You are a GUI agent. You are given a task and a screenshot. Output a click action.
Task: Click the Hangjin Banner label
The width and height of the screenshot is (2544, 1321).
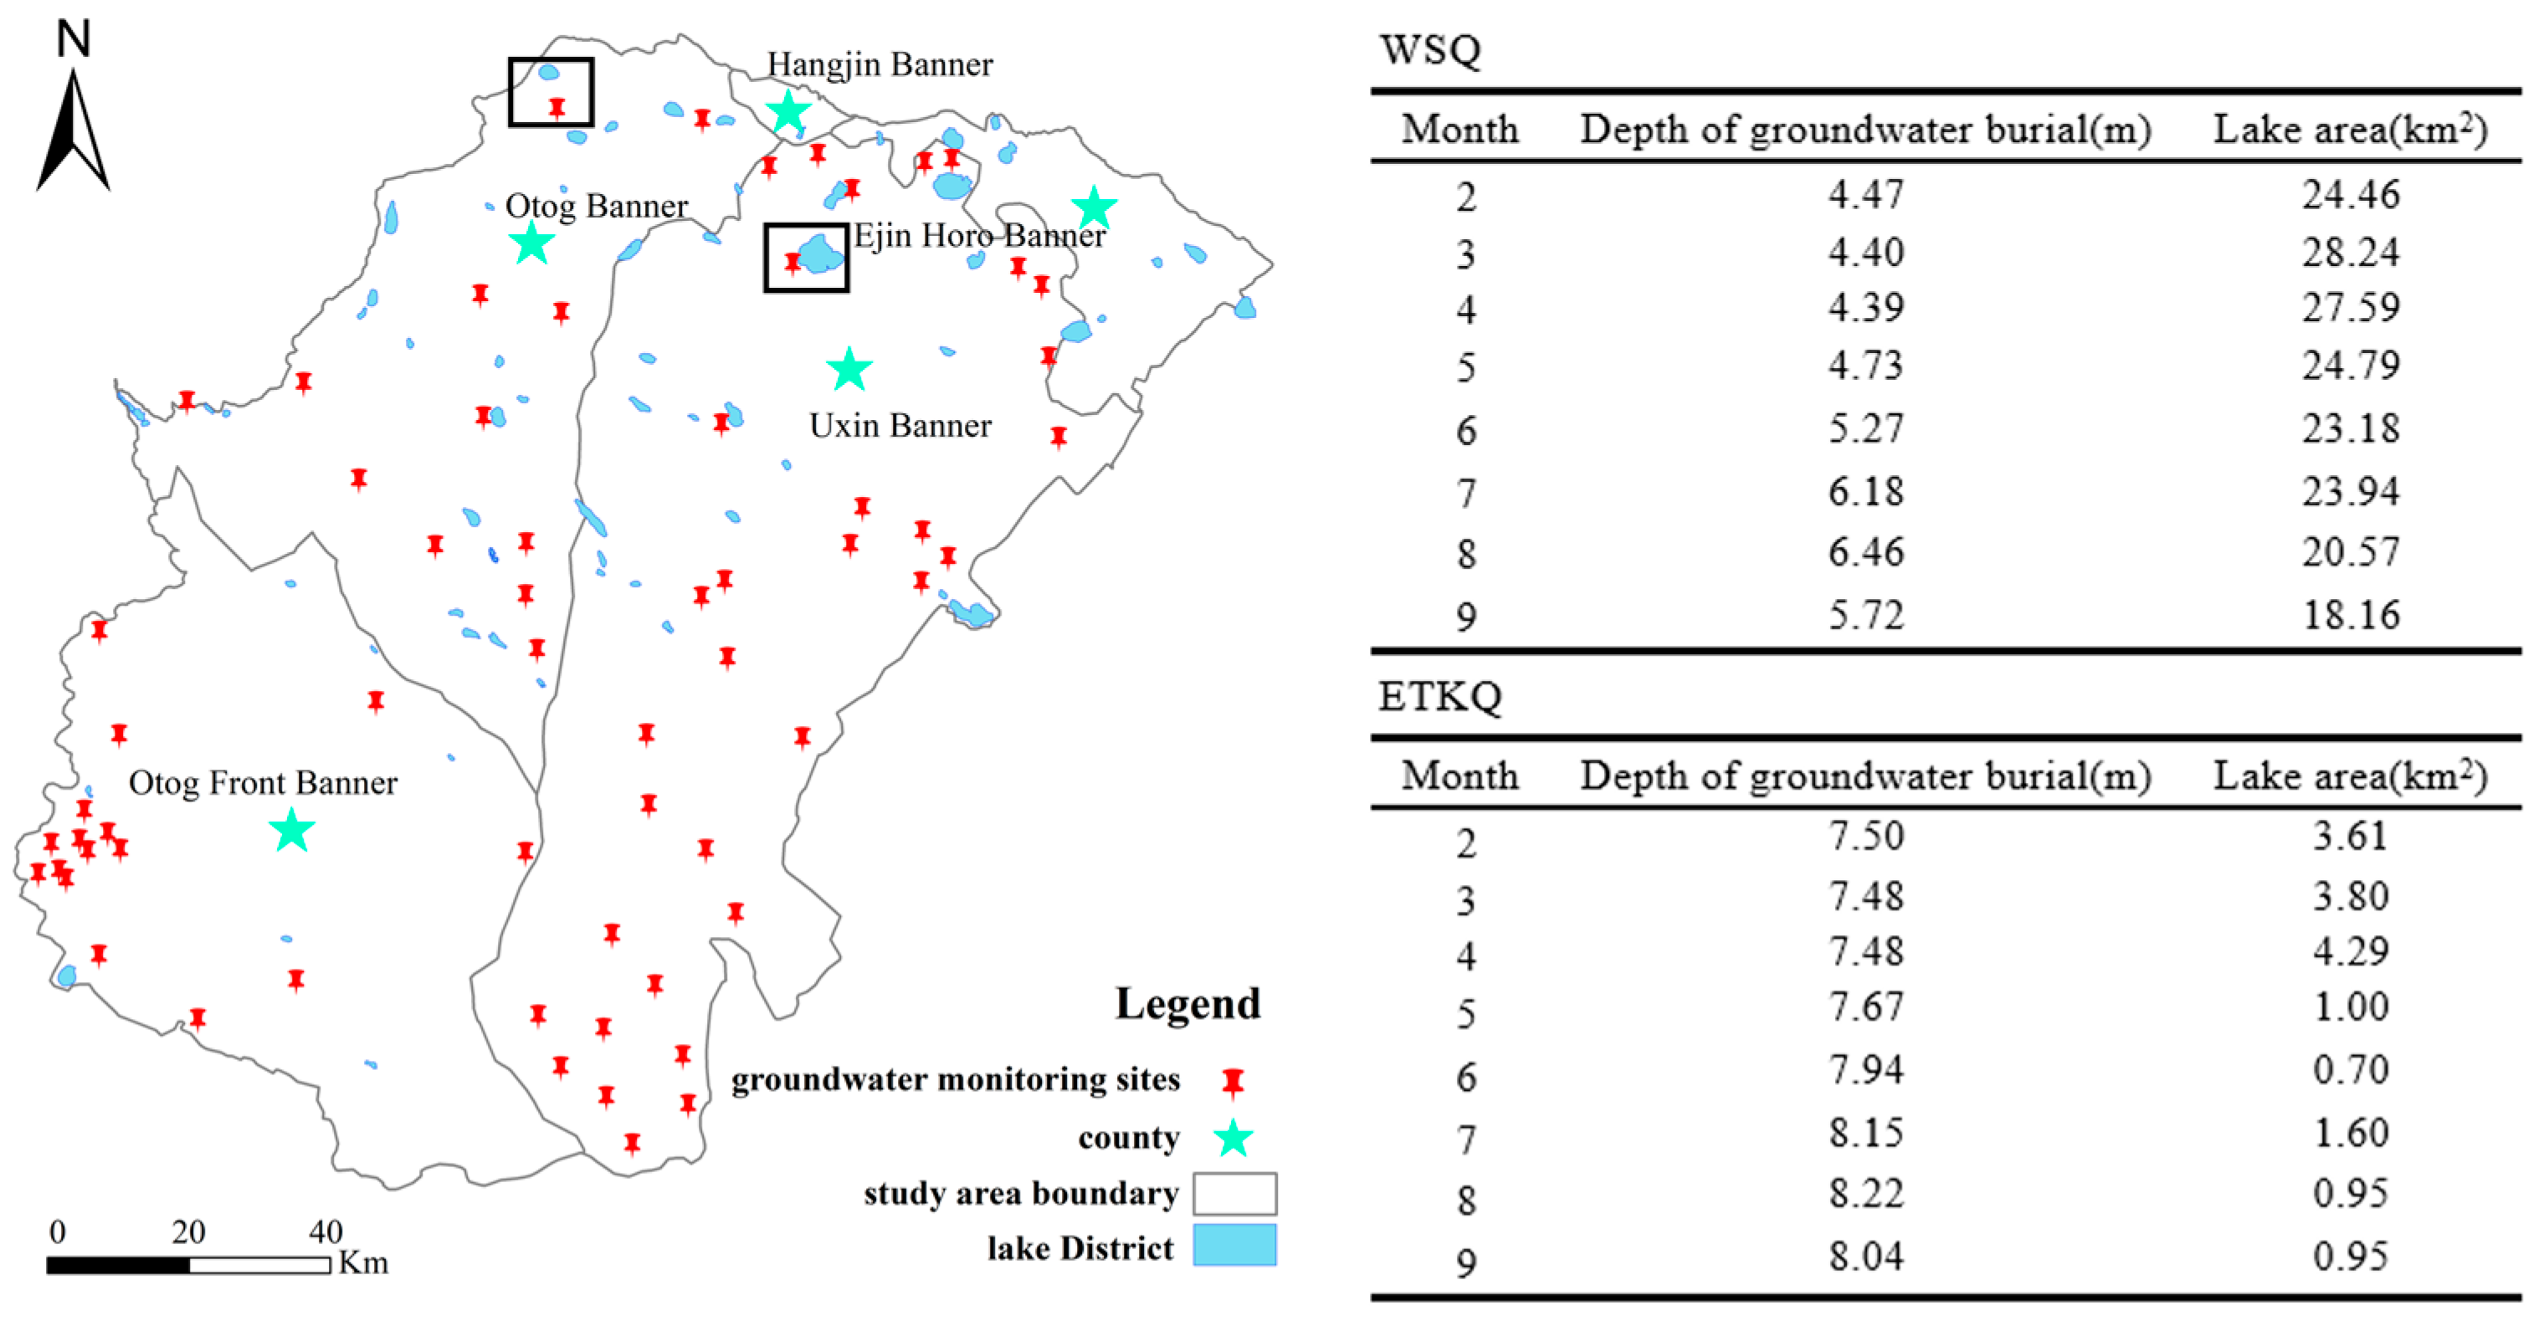tap(879, 65)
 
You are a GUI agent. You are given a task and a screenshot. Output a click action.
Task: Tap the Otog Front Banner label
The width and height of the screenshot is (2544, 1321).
tap(263, 783)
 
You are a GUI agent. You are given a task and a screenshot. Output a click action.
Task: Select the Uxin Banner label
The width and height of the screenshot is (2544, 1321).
tap(900, 426)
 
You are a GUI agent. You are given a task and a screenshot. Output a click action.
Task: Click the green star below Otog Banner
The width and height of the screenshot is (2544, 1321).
tap(531, 243)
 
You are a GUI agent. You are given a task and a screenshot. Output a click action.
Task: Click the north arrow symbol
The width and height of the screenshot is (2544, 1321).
tap(73, 128)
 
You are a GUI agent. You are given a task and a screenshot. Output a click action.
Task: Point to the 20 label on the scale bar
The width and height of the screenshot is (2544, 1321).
tap(187, 1231)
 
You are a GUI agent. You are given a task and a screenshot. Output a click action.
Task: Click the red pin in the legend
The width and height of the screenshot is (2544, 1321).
tap(1232, 1082)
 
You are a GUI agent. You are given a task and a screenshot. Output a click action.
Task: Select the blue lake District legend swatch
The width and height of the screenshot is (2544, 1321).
tap(1234, 1245)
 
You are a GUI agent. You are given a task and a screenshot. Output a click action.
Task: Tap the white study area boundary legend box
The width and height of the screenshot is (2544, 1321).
tap(1234, 1193)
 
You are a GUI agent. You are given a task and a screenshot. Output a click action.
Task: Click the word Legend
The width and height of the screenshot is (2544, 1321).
tap(1188, 1003)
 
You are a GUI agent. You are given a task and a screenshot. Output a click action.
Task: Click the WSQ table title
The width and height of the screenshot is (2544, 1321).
tap(1430, 49)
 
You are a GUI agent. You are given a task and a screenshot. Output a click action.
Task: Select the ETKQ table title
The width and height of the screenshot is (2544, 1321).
tap(1440, 697)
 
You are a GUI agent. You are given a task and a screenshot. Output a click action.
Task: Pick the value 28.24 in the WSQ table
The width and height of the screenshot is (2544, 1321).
tap(2350, 253)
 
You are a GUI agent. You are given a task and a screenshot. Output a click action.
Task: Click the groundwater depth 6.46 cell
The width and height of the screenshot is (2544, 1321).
tap(1864, 552)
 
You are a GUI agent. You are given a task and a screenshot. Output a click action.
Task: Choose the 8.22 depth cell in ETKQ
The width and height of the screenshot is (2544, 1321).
tap(1864, 1193)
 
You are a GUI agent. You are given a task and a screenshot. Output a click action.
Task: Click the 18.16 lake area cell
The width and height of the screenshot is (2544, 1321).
tap(2350, 615)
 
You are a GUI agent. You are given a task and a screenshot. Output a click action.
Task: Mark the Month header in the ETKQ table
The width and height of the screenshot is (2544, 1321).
tap(1459, 776)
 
